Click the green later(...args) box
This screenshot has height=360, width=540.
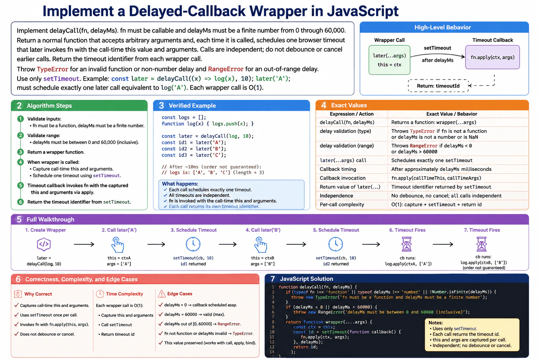[x=389, y=60]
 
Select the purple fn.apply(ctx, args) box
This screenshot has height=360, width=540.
[x=492, y=57]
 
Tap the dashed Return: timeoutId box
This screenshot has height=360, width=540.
[x=438, y=85]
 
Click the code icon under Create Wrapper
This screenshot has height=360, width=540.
[x=44, y=244]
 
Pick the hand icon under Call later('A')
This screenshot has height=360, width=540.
[x=118, y=244]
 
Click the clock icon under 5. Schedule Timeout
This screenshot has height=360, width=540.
[x=336, y=244]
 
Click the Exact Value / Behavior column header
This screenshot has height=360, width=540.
[x=451, y=114]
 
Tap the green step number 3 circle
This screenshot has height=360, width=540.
[x=20, y=152]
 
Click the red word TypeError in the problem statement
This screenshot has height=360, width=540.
[x=52, y=69]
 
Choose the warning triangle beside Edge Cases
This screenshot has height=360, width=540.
[x=161, y=294]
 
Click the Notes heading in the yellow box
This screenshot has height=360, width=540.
[x=436, y=323]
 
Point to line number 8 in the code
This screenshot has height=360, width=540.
[x=273, y=322]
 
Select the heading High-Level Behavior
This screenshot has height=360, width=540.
[x=442, y=27]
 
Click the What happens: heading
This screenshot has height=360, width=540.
[x=180, y=184]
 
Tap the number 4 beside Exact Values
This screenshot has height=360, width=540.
[x=324, y=105]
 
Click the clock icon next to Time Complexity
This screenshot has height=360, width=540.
[x=100, y=294]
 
